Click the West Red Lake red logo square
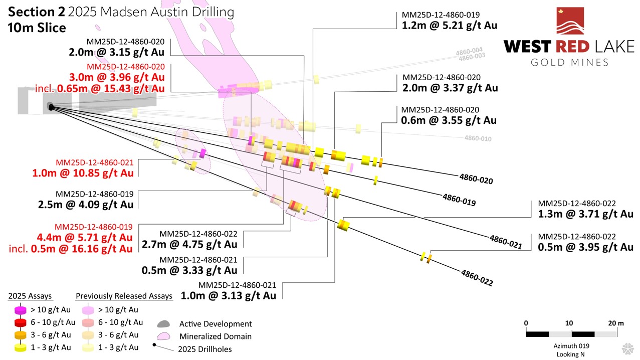tap(570, 21)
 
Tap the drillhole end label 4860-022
tap(477, 278)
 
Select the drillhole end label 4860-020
tap(476, 179)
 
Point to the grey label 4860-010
tap(478, 138)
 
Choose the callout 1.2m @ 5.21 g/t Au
tap(449, 25)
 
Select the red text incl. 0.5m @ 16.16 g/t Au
tap(71, 249)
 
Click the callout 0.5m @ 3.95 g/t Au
tap(585, 247)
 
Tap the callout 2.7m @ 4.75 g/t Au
tap(189, 245)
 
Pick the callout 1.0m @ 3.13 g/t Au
tap(228, 296)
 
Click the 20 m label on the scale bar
tap(616, 323)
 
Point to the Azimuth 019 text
tap(571, 346)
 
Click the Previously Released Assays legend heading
tap(124, 296)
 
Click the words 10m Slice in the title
tap(37, 28)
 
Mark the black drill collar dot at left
tap(51, 106)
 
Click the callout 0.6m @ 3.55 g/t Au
tap(449, 120)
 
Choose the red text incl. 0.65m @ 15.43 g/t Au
tap(100, 89)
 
